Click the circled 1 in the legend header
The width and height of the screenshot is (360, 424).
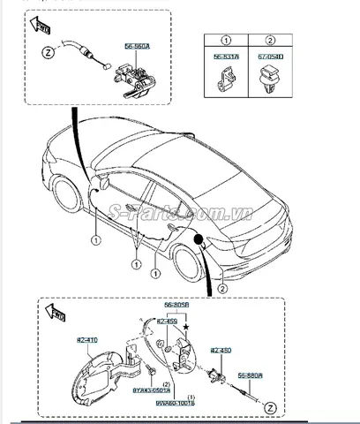tap(224, 40)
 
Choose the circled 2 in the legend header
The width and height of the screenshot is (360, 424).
tap(265, 40)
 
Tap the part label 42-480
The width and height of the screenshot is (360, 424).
tap(220, 351)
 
